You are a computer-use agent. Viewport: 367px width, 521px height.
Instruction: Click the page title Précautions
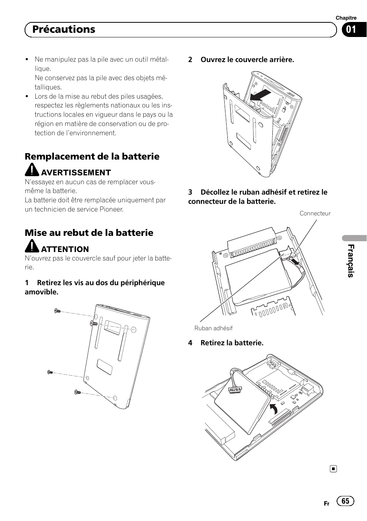[64, 30]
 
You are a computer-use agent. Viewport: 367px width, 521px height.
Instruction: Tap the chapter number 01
[350, 30]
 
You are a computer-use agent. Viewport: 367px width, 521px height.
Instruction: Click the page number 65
[345, 501]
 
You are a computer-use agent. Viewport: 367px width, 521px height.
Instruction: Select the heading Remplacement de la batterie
[92, 156]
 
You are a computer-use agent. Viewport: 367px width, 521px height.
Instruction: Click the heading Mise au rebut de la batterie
[89, 233]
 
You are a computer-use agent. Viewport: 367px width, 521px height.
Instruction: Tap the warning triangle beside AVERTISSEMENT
[32, 170]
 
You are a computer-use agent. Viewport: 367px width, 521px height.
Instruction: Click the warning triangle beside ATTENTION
[32, 247]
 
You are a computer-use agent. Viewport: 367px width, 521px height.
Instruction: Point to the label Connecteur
[315, 213]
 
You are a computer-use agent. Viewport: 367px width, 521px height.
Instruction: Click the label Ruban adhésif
[214, 328]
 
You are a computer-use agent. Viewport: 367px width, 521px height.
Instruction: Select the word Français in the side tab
[350, 260]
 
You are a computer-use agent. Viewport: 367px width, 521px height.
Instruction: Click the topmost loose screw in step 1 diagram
[58, 311]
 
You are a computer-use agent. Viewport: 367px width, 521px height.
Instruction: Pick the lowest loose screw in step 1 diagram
[77, 392]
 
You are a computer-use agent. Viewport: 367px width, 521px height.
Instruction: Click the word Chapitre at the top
[346, 18]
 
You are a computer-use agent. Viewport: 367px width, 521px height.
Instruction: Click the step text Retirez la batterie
[232, 343]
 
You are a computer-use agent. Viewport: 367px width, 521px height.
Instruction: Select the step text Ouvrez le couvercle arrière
[247, 60]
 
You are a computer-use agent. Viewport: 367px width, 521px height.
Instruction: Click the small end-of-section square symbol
[334, 469]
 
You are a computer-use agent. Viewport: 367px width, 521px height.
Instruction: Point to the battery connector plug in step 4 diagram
[233, 390]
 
